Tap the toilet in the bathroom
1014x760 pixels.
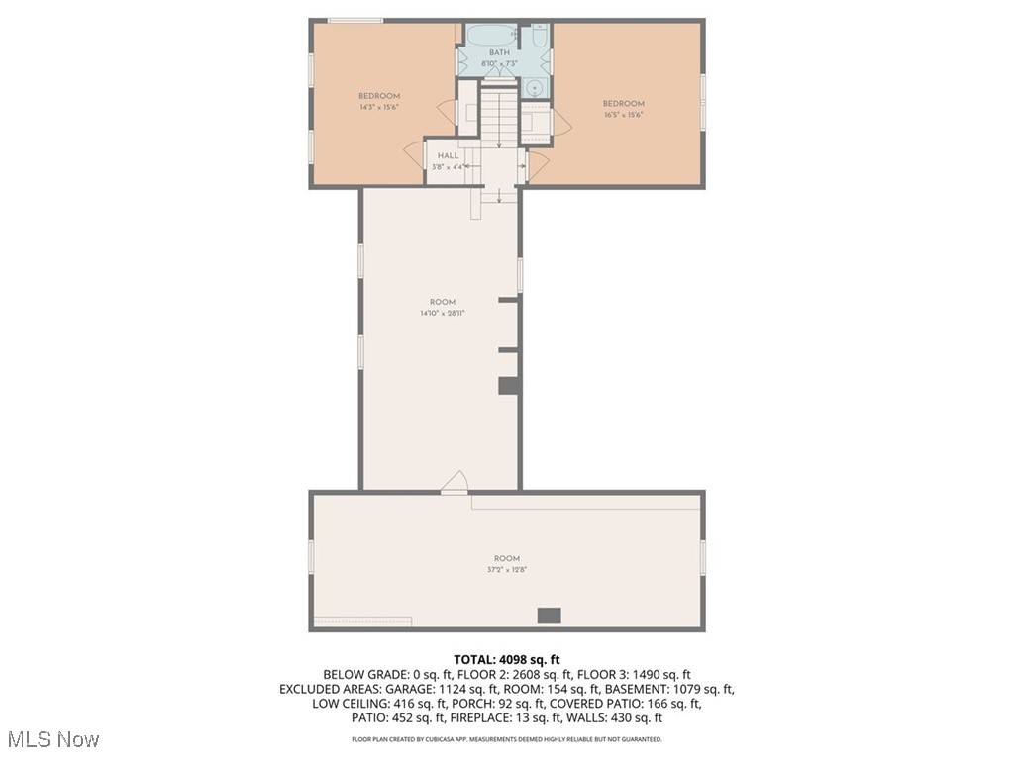click(x=538, y=37)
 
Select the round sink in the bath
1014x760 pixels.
click(x=536, y=88)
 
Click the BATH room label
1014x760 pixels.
click(x=499, y=53)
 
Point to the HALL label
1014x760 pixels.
click(x=448, y=156)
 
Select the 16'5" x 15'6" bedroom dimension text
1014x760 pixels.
click(x=624, y=115)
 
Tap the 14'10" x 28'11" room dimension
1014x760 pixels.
click(x=442, y=313)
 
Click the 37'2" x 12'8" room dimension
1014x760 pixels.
click(x=507, y=570)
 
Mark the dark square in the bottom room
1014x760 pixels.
click(x=549, y=616)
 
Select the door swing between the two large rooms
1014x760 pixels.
click(x=455, y=482)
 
